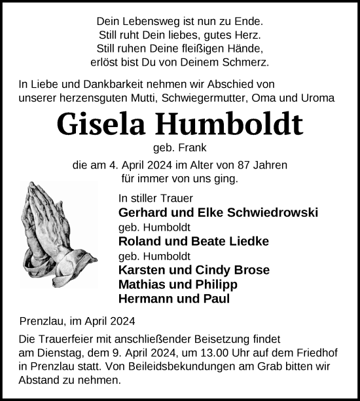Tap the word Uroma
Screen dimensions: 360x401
click(318, 98)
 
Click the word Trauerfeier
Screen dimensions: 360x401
click(67, 341)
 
